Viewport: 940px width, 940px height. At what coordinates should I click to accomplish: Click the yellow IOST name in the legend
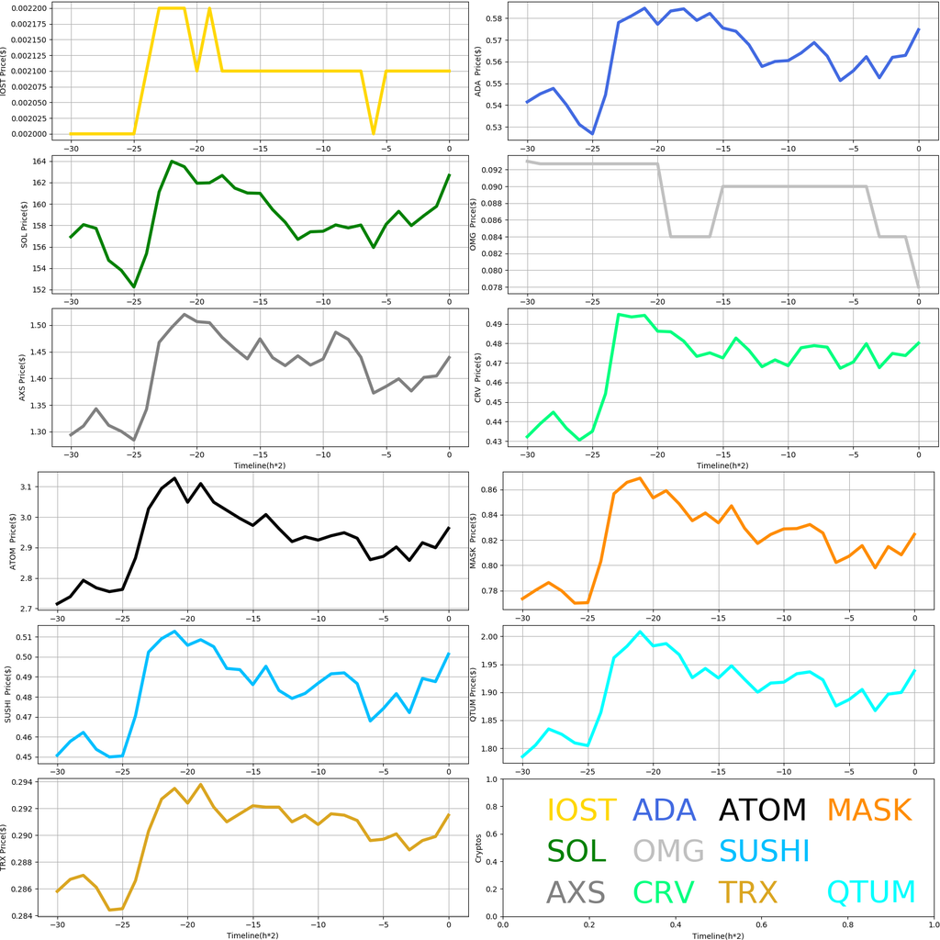click(x=582, y=811)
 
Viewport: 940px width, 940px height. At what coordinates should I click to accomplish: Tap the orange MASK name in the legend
click(x=868, y=811)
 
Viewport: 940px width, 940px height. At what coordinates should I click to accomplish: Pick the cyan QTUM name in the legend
click(x=871, y=892)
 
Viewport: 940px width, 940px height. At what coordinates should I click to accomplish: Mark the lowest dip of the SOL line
click(x=134, y=286)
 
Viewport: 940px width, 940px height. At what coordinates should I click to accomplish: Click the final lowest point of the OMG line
click(x=918, y=286)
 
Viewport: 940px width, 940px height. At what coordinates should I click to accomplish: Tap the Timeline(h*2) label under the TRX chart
click(x=252, y=934)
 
